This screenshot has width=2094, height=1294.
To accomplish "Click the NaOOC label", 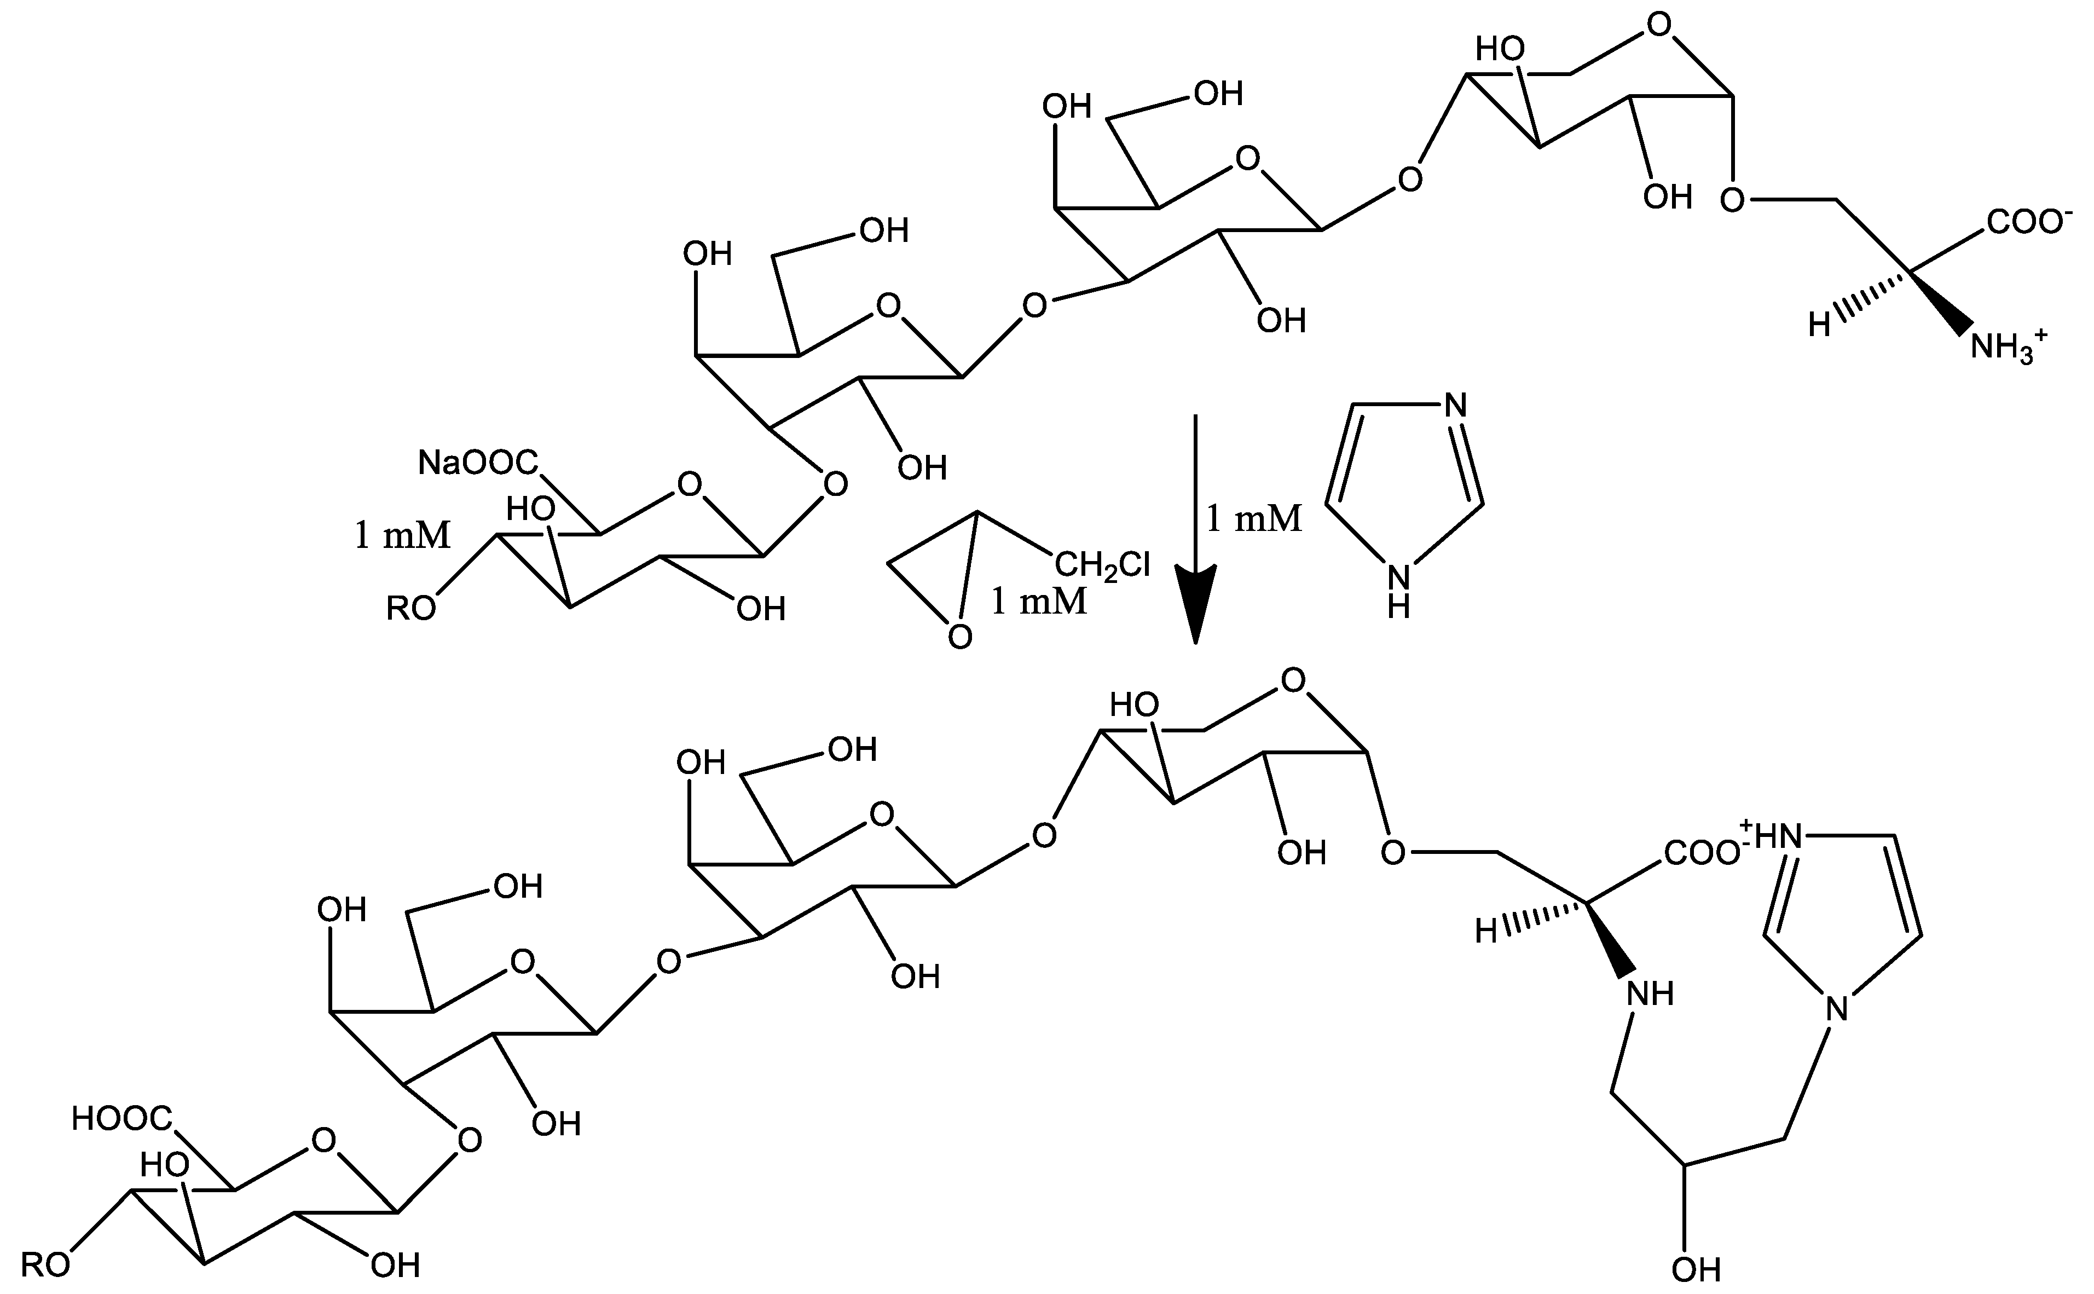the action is [x=477, y=463].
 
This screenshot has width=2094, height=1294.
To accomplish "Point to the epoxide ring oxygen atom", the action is [x=960, y=637].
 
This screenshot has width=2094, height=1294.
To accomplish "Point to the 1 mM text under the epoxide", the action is [x=1038, y=602].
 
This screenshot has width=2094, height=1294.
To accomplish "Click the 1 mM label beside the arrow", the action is [x=1254, y=518].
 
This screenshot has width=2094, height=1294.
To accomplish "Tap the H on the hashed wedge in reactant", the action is [x=1819, y=325].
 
